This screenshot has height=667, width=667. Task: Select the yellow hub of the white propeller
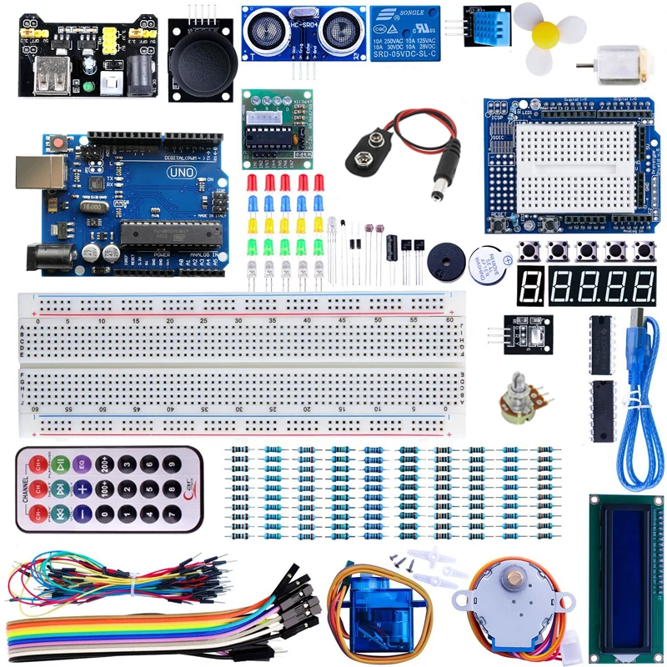click(546, 33)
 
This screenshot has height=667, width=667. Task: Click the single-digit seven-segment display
click(530, 287)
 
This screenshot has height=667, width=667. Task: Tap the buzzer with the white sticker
click(486, 264)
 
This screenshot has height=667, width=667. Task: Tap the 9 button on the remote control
click(172, 462)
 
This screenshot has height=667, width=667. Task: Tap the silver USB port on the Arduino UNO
click(49, 176)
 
